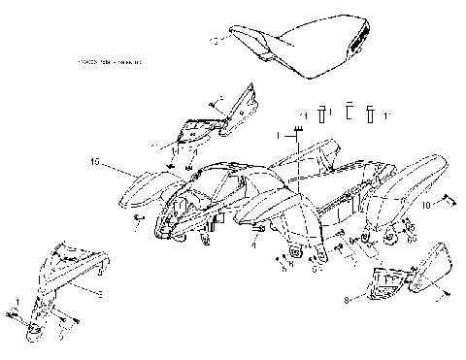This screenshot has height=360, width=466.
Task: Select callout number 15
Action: [x=94, y=161]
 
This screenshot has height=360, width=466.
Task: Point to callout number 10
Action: [x=426, y=206]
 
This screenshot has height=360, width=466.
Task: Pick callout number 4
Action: [x=255, y=246]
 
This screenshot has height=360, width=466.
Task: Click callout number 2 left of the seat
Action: [x=215, y=41]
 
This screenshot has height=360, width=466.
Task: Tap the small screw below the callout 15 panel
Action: [x=139, y=220]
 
